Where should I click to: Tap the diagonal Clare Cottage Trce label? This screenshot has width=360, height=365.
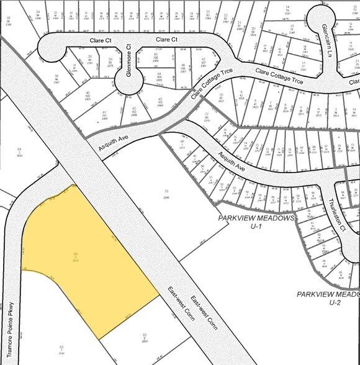coord(207,87)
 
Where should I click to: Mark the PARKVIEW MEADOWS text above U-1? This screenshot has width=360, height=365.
coord(254,219)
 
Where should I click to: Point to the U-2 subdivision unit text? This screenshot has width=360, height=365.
coord(335,302)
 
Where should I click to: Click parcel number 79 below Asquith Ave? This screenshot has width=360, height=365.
coord(166,191)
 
